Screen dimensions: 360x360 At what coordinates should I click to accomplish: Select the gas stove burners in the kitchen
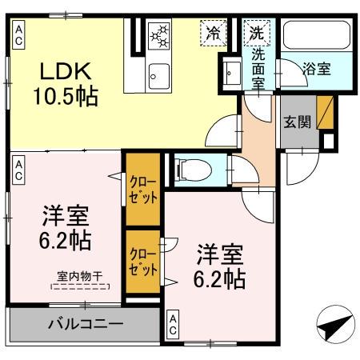tap(160, 35)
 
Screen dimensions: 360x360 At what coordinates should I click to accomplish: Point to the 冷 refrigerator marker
tap(214, 33)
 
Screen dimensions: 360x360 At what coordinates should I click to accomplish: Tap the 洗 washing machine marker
tap(256, 34)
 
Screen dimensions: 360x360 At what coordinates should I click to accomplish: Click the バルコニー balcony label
tap(84, 325)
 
